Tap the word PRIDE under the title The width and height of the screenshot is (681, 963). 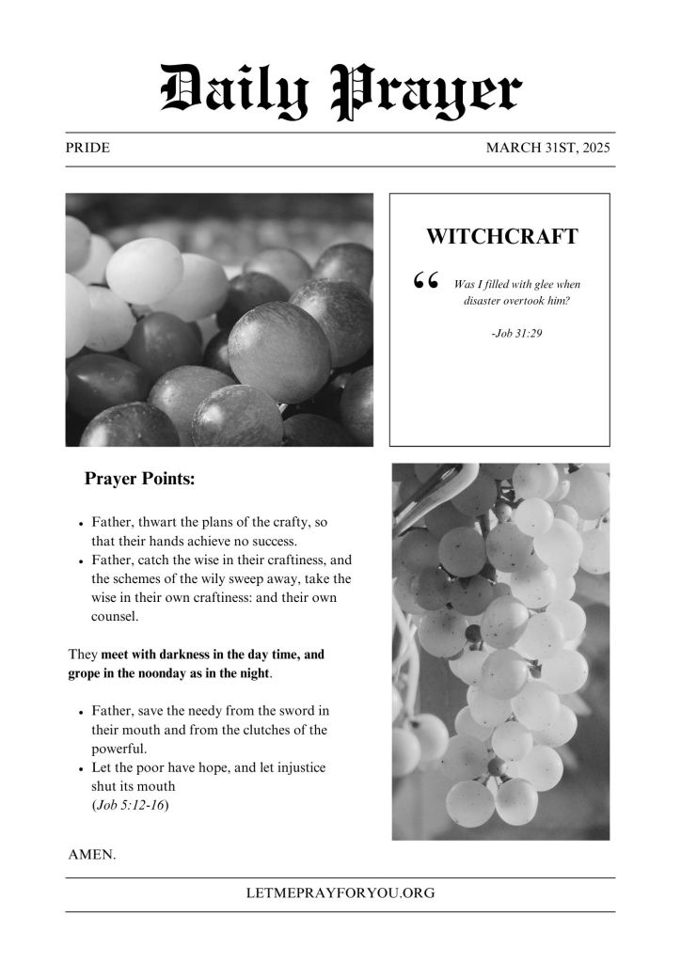[87, 149]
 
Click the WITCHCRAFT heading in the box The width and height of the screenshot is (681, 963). [501, 237]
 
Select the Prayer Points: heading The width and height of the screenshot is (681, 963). [140, 479]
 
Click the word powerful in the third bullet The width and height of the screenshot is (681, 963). [119, 749]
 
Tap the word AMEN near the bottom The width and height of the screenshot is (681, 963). [91, 855]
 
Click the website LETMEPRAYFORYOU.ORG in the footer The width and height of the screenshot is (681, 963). [340, 893]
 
